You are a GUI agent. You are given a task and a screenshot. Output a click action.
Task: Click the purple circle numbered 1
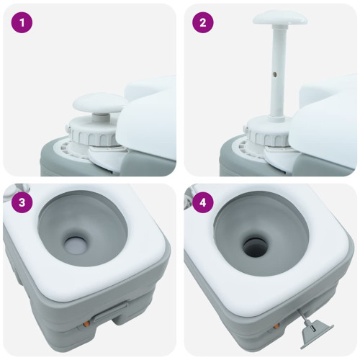[22, 22]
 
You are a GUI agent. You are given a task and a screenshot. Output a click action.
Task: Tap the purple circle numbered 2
[203, 22]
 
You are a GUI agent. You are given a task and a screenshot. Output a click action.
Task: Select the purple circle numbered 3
[22, 202]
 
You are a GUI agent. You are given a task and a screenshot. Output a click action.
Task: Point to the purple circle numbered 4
[203, 202]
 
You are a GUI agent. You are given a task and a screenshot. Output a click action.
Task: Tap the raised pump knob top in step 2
[280, 19]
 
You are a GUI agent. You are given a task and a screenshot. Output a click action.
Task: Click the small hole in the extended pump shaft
[275, 75]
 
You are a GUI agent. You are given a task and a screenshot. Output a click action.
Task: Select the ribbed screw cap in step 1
[92, 132]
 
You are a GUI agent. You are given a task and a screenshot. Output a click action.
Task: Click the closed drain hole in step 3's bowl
[76, 245]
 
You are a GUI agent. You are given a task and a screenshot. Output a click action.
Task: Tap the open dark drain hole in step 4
[256, 247]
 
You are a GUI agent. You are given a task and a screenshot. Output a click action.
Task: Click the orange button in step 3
[86, 324]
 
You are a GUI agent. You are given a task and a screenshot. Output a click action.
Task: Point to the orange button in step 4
[276, 326]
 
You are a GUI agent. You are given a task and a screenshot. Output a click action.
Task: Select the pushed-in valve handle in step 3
[111, 311]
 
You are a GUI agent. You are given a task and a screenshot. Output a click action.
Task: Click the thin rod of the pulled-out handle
[302, 315]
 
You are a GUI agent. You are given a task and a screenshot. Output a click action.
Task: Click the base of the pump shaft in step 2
[277, 119]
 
